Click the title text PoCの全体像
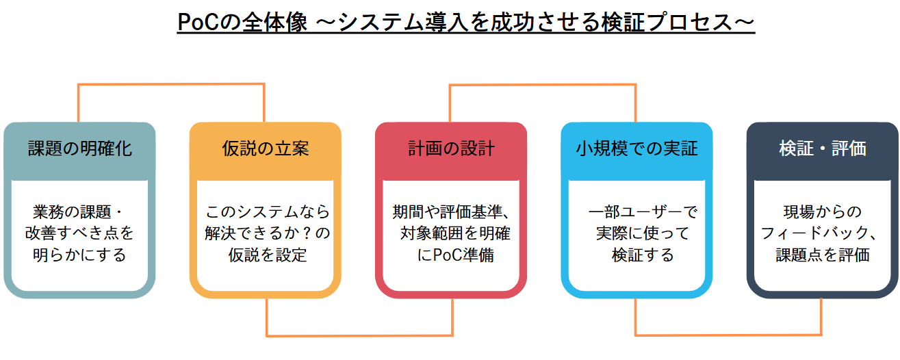point(242,21)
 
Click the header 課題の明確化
point(80,149)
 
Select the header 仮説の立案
point(266,149)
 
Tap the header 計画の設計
point(451,149)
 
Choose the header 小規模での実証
point(637,149)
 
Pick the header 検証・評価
point(823,149)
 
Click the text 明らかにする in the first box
point(79,255)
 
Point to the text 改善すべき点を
point(79,233)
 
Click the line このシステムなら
point(268,211)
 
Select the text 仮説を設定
point(268,255)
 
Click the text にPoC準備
point(455,255)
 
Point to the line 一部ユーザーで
point(643,211)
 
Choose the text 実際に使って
point(643,233)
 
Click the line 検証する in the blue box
point(643,255)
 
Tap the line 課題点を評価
point(823,255)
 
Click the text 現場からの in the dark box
point(823,211)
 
